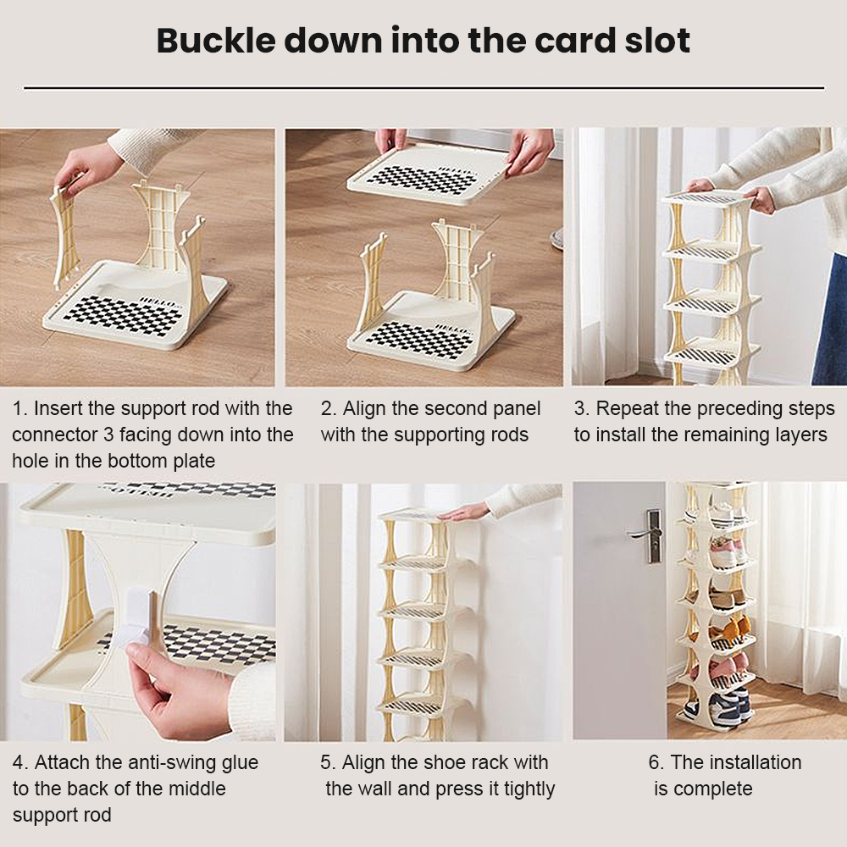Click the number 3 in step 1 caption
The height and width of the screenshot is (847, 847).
tap(108, 435)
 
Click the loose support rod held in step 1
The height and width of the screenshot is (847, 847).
tap(66, 231)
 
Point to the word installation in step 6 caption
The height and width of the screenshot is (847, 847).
tap(756, 762)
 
